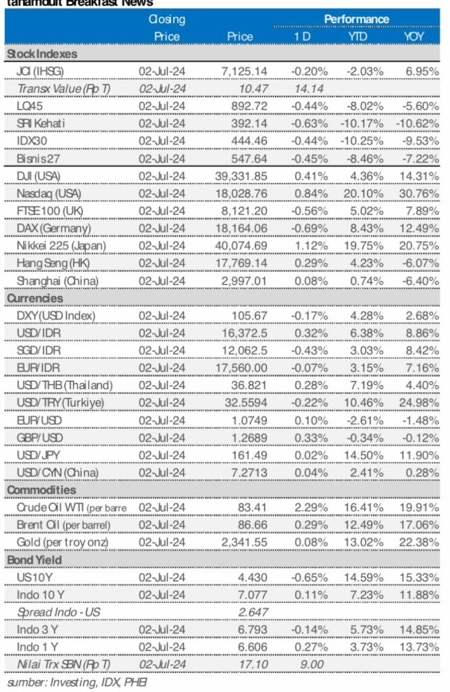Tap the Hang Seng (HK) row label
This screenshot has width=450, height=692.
51,262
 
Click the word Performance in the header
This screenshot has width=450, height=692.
355,18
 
